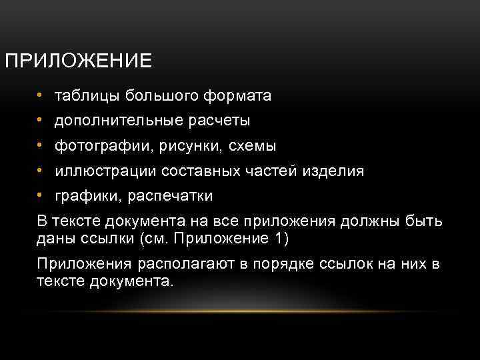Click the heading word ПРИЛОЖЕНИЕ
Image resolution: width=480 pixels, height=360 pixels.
tap(78, 61)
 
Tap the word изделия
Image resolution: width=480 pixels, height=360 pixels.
tap(335, 171)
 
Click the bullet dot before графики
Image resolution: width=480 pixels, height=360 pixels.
tap(41, 195)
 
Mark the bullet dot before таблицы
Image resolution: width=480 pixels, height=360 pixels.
tap(41, 95)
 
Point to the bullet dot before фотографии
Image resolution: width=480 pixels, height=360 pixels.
tap(41, 145)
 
